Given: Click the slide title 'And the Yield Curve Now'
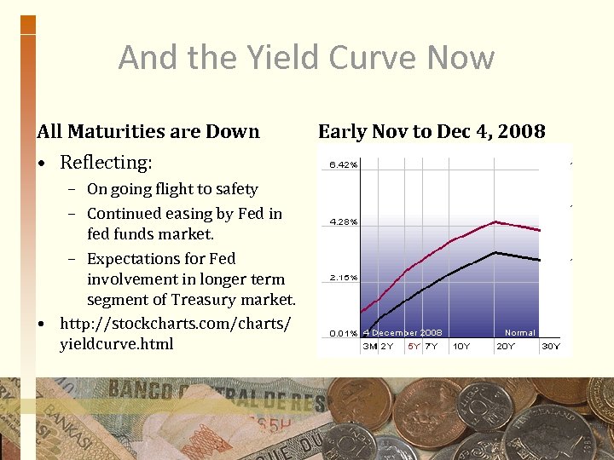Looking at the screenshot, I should [x=306, y=58].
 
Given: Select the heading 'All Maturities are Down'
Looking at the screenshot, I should [x=148, y=131].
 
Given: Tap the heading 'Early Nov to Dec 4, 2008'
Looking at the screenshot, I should [x=432, y=131].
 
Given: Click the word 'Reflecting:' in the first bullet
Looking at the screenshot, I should [x=106, y=162].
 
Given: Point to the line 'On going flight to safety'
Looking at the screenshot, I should [x=172, y=189].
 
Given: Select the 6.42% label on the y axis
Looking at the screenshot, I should [x=344, y=165].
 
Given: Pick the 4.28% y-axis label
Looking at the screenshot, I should [x=344, y=222].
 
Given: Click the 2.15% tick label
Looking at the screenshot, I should [x=344, y=278].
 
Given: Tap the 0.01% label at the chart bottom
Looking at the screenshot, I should [x=344, y=333].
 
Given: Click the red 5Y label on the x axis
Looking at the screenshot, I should [x=414, y=347].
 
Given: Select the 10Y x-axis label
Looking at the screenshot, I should [x=460, y=347].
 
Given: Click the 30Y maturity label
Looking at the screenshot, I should [x=551, y=347].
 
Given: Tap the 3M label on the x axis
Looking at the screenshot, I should [x=370, y=347].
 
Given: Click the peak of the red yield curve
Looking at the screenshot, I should [x=495, y=221].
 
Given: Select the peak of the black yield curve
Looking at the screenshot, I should [x=495, y=252].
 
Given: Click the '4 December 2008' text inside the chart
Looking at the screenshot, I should [x=403, y=333].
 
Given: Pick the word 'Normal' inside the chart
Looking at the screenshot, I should [x=519, y=333].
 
